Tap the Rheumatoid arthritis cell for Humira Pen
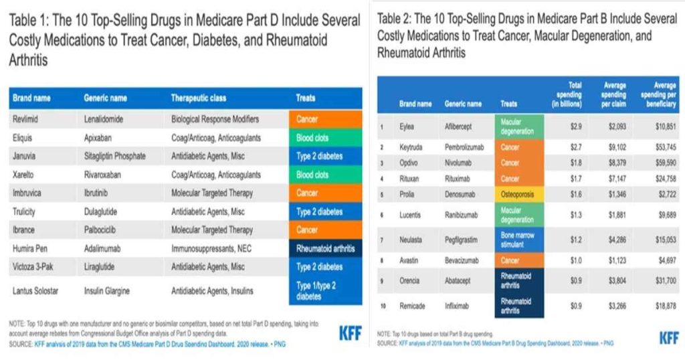[x=325, y=248]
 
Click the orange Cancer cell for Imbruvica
[x=325, y=193]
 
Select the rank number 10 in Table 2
[x=383, y=306]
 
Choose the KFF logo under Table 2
[x=669, y=337]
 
